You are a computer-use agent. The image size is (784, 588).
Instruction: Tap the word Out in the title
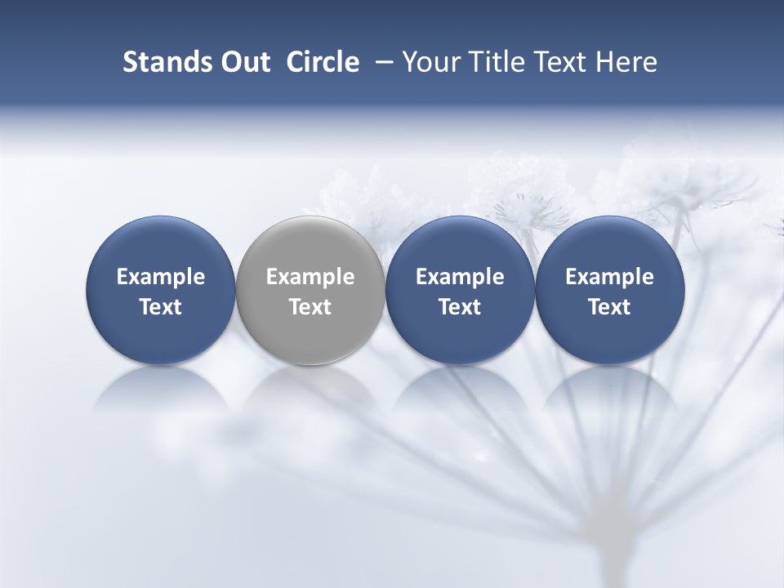(x=243, y=62)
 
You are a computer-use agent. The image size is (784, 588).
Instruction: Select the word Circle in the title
(x=323, y=62)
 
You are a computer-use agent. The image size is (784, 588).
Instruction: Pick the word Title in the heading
(x=498, y=62)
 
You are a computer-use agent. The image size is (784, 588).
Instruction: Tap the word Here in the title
(x=626, y=62)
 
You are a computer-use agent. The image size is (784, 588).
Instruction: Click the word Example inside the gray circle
(x=310, y=277)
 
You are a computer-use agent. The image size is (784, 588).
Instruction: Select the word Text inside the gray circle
(x=310, y=307)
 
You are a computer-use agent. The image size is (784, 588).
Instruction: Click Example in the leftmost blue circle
(x=161, y=277)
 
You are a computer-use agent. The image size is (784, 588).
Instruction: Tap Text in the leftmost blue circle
(x=161, y=307)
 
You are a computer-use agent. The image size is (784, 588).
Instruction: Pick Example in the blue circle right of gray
(x=460, y=277)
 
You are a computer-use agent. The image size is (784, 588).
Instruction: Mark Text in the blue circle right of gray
(x=460, y=307)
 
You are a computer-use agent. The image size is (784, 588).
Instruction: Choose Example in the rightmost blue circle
(x=609, y=277)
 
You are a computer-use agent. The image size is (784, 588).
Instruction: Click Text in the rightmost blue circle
(x=609, y=307)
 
